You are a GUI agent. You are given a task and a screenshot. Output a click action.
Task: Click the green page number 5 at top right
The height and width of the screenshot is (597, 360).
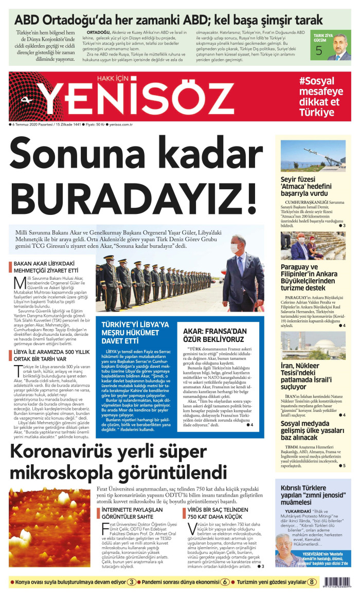(x=319, y=51)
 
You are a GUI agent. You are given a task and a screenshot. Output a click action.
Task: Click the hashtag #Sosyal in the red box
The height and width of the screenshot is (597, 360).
(x=317, y=81)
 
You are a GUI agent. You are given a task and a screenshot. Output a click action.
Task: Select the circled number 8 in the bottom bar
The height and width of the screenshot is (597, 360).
(x=312, y=582)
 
